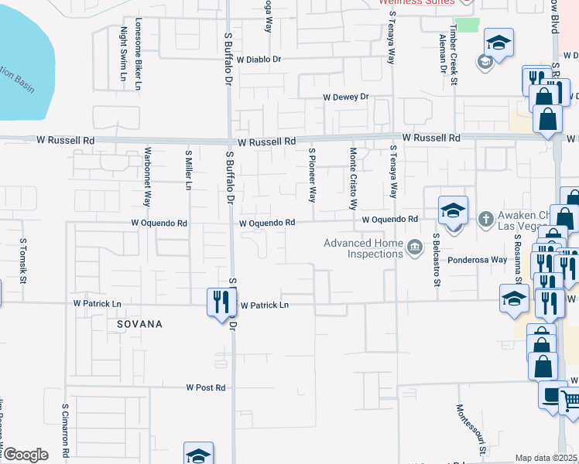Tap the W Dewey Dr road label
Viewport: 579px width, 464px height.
point(347,97)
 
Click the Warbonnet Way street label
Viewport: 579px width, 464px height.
point(146,178)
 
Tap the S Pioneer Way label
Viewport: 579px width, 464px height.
point(312,175)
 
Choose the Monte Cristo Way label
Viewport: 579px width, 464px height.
point(353,179)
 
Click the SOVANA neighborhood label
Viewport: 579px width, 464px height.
point(139,325)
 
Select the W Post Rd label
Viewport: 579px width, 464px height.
point(205,387)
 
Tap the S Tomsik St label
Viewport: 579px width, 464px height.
point(24,261)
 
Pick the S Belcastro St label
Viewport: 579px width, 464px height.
point(437,261)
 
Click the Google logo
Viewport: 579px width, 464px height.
point(26,455)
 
